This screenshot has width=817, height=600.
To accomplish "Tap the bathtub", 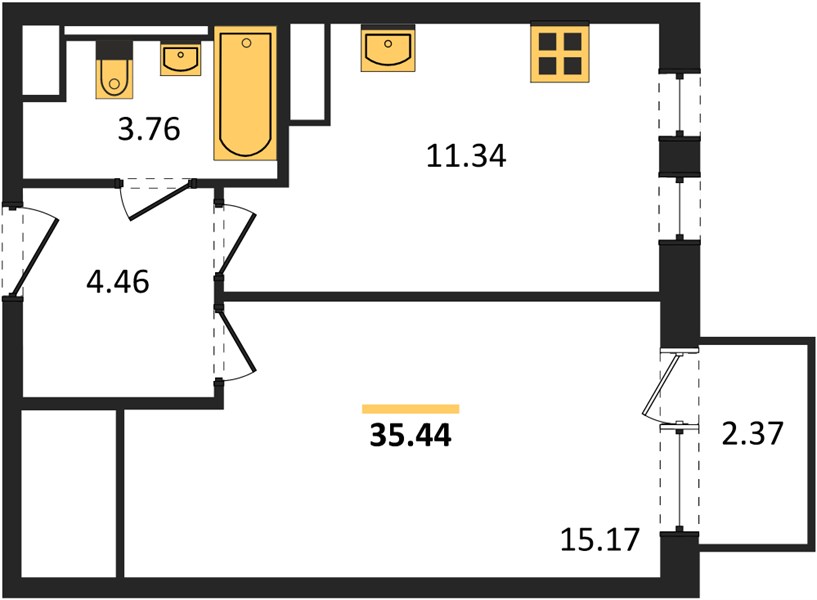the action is [245, 93].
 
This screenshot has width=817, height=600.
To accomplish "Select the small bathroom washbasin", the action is [180, 60].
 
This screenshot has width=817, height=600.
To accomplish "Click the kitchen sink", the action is [388, 48].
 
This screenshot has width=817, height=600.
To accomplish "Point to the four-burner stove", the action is [560, 54].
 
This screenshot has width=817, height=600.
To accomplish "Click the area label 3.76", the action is [149, 129].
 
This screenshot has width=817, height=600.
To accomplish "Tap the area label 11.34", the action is [466, 156].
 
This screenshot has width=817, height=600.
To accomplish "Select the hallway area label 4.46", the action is [118, 282].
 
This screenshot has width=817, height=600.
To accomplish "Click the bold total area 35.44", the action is [411, 435].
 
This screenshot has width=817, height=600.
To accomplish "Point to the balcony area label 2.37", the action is [752, 433].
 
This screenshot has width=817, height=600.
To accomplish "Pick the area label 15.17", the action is [600, 540].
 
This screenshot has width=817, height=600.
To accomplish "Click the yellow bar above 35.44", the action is [411, 409].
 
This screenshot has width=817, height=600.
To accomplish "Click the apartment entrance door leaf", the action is [34, 257].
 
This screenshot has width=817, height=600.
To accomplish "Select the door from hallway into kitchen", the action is [237, 242].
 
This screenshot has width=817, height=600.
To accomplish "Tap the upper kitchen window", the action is [679, 104].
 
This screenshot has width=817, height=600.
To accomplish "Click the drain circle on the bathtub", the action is [246, 43].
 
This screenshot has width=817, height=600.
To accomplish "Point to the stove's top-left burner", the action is [548, 41].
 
